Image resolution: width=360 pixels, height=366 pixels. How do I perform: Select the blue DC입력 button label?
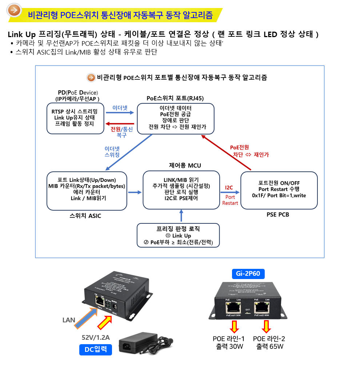tap(95, 350)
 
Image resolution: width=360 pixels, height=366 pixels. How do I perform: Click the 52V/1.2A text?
tap(96, 337)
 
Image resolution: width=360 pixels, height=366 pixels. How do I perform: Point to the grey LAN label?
tap(69, 320)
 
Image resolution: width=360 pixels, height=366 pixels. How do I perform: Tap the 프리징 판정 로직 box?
tap(178, 235)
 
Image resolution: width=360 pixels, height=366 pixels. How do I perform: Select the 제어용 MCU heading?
tap(185, 166)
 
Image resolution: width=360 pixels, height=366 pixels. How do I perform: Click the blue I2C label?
tap(229, 188)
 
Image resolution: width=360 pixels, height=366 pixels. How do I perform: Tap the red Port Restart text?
tap(230, 200)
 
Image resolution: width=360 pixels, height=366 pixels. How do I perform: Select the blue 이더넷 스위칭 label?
tap(112, 152)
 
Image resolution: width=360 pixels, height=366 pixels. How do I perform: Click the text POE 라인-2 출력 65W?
tap(269, 342)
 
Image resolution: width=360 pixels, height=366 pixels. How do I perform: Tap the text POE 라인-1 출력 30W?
tap(229, 342)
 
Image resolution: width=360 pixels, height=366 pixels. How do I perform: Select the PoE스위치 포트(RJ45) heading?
tap(175, 98)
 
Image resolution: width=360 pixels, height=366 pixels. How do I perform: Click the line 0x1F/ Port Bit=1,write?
tap(279, 195)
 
